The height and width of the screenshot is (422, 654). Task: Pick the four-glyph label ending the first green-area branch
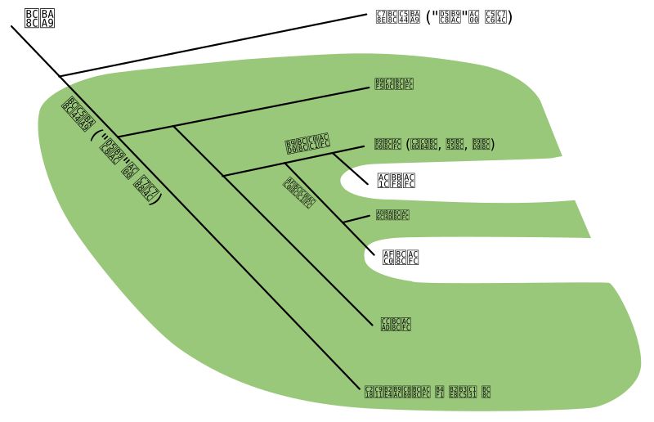tap(394, 83)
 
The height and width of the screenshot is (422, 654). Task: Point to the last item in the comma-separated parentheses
tap(482, 145)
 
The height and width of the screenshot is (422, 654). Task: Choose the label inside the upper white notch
tap(396, 181)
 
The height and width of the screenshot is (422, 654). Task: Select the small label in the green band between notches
tap(392, 215)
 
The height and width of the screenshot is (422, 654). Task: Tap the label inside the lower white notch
tap(401, 258)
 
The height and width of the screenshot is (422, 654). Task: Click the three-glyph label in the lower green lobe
tap(396, 325)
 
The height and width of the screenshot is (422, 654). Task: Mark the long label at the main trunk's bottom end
tap(428, 392)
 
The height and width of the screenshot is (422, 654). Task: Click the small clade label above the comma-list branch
tap(307, 145)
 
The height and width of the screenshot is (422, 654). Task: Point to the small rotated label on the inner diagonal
tap(298, 193)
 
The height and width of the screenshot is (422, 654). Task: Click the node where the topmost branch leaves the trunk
tap(60, 76)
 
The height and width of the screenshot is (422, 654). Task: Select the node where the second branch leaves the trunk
tap(117, 137)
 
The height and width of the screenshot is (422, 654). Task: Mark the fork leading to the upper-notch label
tap(333, 153)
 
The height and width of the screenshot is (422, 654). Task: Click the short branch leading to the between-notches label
tap(357, 218)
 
